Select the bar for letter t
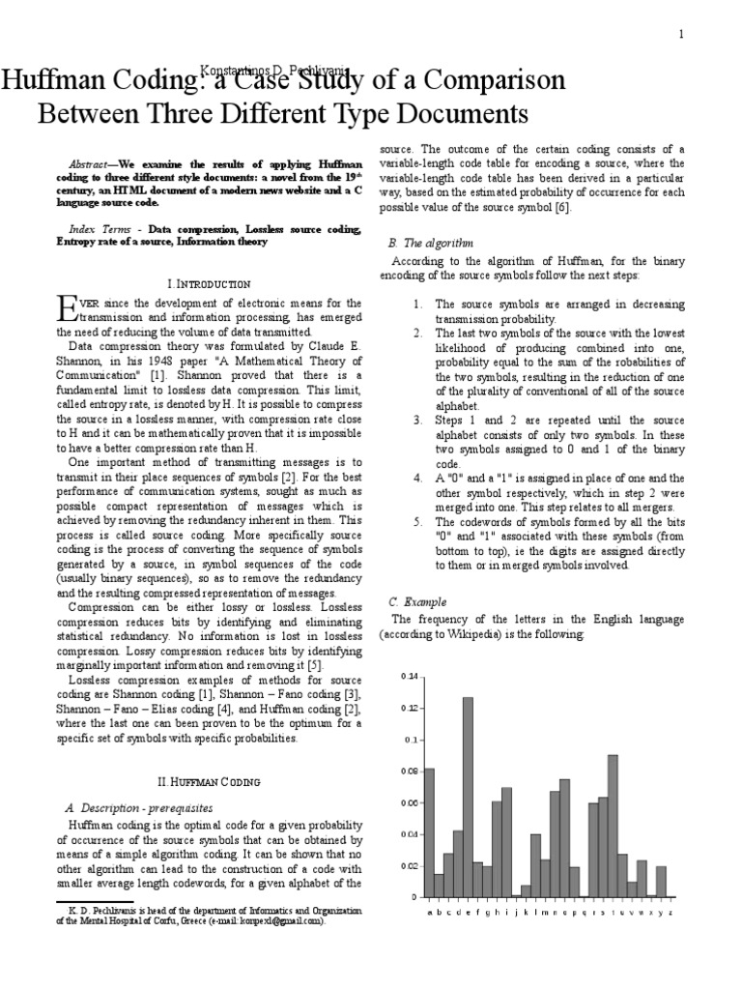pyautogui.click(x=613, y=826)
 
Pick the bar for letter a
pyautogui.click(x=429, y=832)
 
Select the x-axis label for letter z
pyautogui.click(x=671, y=912)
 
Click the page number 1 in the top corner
pyautogui.click(x=681, y=35)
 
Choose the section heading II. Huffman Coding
pyautogui.click(x=209, y=780)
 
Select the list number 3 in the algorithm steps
pyautogui.click(x=417, y=421)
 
